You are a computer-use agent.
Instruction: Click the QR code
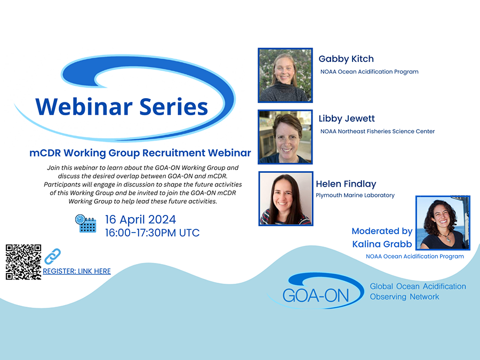(23, 262)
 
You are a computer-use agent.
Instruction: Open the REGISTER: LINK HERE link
(77, 271)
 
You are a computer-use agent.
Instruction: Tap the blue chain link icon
(52, 256)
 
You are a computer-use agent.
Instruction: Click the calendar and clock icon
(86, 223)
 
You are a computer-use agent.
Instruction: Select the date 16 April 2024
(140, 220)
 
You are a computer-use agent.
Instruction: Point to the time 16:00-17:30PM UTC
(152, 233)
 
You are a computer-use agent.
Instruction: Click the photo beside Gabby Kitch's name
(285, 75)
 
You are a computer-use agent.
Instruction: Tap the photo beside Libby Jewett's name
(285, 137)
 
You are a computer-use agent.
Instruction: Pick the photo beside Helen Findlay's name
(286, 199)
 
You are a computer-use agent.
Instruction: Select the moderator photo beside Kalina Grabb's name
(443, 223)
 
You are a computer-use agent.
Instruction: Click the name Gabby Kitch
(346, 59)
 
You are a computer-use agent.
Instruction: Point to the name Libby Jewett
(347, 118)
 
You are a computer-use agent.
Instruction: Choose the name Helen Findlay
(346, 184)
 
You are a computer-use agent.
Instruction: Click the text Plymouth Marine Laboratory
(355, 195)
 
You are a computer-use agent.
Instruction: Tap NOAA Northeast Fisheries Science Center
(378, 131)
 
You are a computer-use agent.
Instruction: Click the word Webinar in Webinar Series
(84, 107)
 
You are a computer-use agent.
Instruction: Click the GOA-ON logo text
(316, 295)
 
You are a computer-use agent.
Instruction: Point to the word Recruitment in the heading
(174, 153)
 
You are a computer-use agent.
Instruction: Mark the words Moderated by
(382, 231)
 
